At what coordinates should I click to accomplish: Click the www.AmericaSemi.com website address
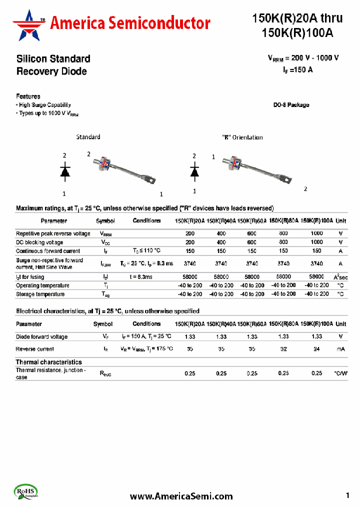181,496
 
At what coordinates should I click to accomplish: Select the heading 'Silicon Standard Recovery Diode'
53,65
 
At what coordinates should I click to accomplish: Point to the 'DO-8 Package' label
291,105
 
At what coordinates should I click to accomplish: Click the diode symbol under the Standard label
64,171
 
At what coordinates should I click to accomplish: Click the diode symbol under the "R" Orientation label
194,171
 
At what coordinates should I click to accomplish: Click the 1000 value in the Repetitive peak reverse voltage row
316,233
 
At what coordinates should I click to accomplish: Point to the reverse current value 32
283,349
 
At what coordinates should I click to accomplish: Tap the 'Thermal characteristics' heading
48,362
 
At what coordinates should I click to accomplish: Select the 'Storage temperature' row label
40,294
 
